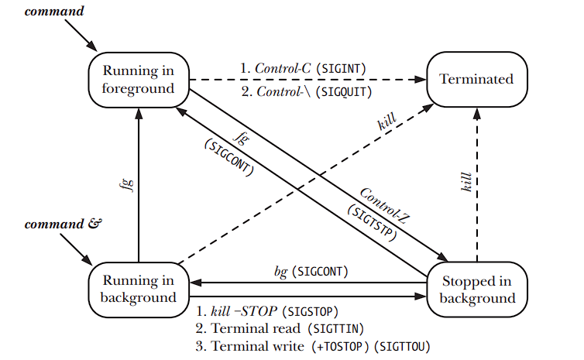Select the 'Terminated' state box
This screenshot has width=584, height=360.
(476, 79)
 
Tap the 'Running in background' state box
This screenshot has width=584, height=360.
(139, 289)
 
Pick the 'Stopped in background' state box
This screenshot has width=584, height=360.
(477, 290)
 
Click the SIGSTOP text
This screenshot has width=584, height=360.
(311, 312)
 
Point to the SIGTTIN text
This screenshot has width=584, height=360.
(337, 328)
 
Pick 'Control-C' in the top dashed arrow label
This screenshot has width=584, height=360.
(281, 68)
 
